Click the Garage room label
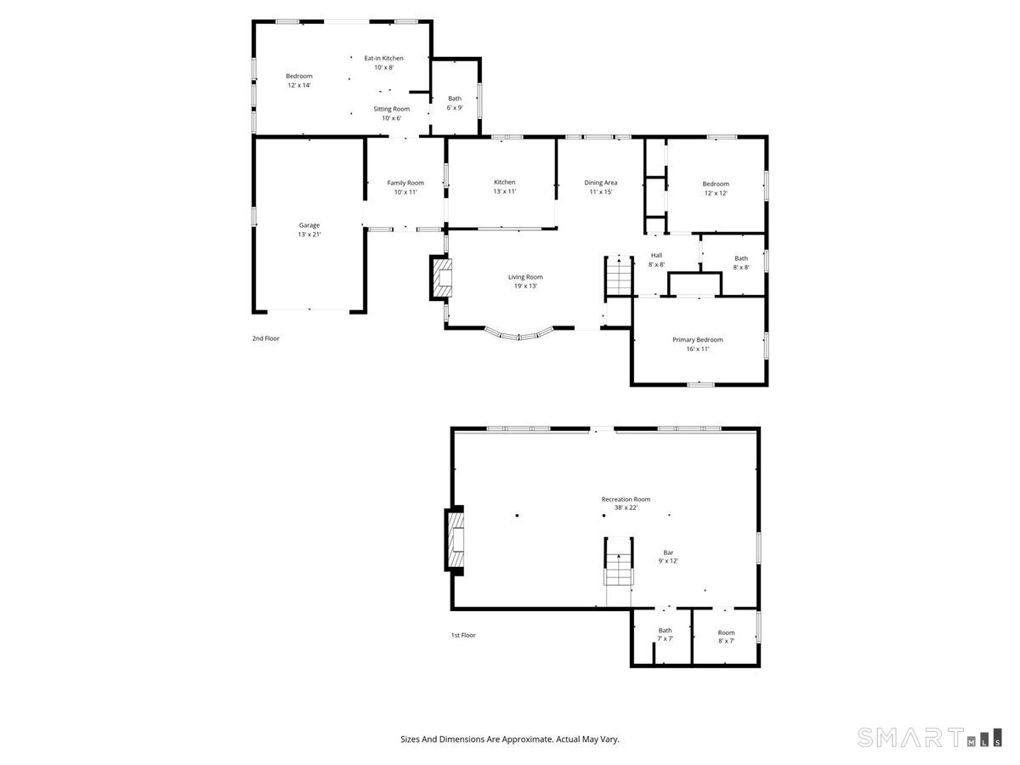(x=309, y=225)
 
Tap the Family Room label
(x=405, y=183)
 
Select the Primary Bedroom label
(x=697, y=340)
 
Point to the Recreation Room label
(x=626, y=500)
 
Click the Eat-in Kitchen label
(x=383, y=58)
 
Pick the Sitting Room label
(x=391, y=109)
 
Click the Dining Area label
(x=600, y=183)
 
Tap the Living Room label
(x=525, y=277)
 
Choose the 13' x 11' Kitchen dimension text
(x=505, y=192)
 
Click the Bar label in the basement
(x=668, y=552)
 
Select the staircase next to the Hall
(x=619, y=276)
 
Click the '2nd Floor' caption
(x=265, y=338)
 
